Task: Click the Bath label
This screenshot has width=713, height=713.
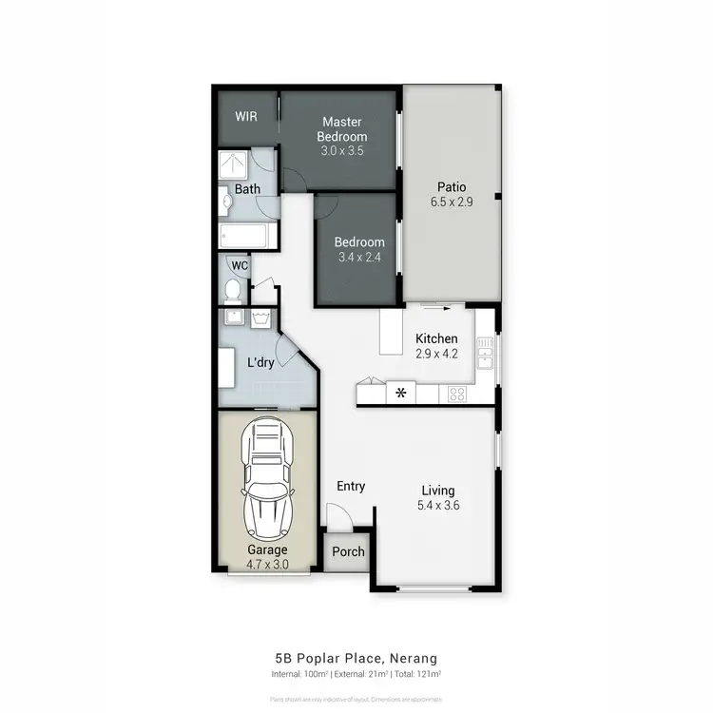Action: (247, 189)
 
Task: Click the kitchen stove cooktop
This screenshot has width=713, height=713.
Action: (456, 393)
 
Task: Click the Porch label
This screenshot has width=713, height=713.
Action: (348, 551)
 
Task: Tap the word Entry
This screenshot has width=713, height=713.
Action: (351, 487)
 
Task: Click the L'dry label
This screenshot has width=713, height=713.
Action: (261, 362)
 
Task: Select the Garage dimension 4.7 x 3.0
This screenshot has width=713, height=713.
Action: (267, 564)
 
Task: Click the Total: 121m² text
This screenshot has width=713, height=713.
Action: (422, 674)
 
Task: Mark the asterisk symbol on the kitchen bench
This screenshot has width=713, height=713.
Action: (400, 392)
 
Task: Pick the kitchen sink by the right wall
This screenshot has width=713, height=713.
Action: (485, 357)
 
